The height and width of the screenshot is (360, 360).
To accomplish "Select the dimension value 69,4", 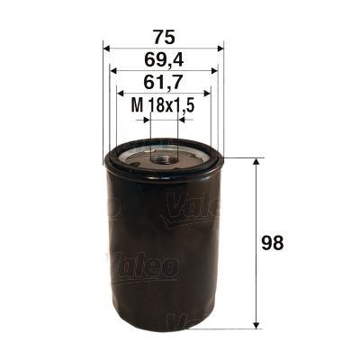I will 163,61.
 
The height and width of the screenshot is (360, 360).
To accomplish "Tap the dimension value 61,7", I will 163,84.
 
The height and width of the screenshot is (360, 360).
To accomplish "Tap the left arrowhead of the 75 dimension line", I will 107,49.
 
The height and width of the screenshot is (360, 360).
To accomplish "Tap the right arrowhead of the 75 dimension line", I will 219,49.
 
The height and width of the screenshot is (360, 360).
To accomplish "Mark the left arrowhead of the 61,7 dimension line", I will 121,94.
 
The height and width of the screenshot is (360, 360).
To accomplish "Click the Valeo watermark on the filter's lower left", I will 144,265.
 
